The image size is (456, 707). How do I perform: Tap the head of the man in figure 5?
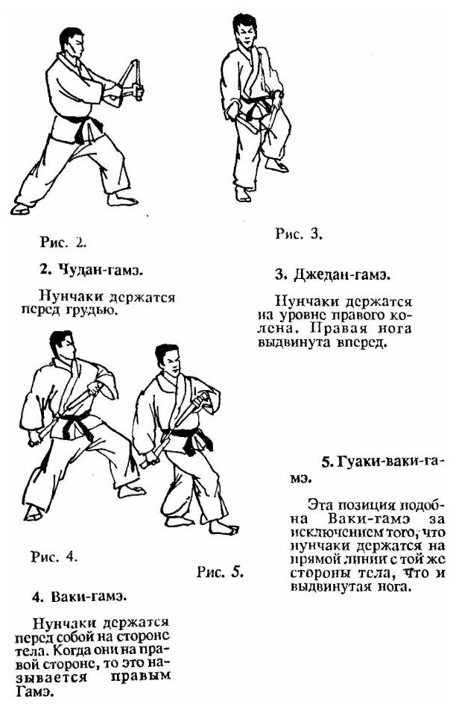pos(170,362)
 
